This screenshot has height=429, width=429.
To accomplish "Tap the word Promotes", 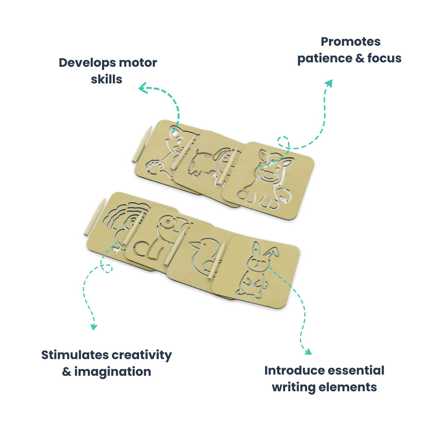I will [350, 42].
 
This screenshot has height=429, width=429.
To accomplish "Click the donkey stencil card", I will [270, 179].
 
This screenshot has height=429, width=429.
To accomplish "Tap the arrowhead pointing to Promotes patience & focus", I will [329, 83].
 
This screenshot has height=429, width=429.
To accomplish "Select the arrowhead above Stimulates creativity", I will [94, 327].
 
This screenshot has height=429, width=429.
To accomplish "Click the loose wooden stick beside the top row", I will [141, 145].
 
